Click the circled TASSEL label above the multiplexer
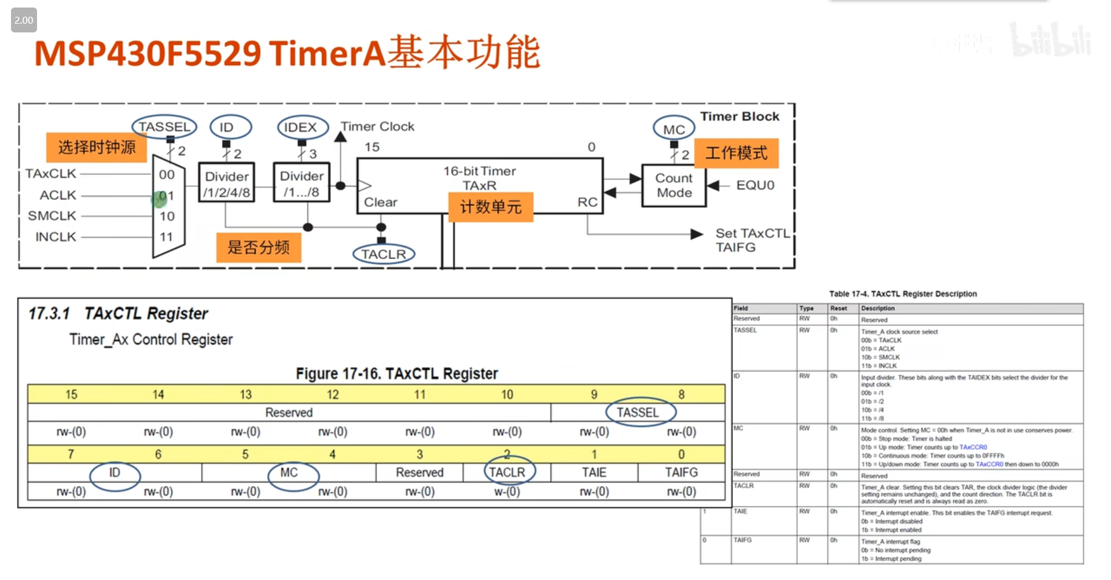click(x=164, y=127)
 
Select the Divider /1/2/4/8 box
click(x=227, y=184)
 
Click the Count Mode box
click(x=674, y=186)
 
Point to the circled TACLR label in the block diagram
click(x=384, y=254)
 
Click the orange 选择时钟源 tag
click(x=97, y=147)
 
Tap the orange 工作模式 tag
click(x=736, y=153)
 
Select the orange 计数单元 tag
click(x=491, y=207)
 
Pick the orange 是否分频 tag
click(x=259, y=248)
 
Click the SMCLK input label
click(x=52, y=216)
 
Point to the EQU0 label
click(x=755, y=185)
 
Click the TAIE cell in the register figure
click(x=594, y=472)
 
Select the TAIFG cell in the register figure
click(x=681, y=472)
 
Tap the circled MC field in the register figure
click(x=289, y=473)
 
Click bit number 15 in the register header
click(x=71, y=395)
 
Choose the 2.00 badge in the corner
click(x=24, y=20)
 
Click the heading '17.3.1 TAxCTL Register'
click(x=119, y=314)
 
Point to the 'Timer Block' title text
click(x=740, y=116)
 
